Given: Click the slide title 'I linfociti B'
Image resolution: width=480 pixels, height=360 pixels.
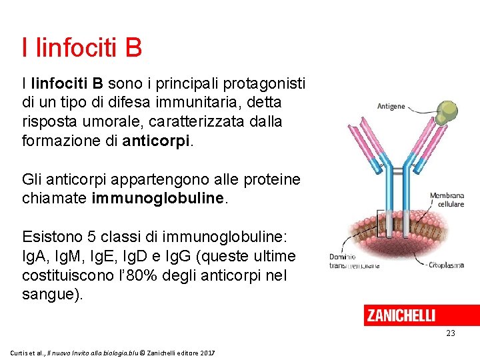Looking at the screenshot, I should pyautogui.click(x=81, y=47).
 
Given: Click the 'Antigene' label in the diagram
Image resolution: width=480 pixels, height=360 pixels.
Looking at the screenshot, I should pyautogui.click(x=391, y=107).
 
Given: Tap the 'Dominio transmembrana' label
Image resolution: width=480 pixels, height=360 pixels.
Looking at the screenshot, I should pyautogui.click(x=354, y=261).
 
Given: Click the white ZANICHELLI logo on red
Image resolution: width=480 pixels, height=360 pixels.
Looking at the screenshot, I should pyautogui.click(x=401, y=315).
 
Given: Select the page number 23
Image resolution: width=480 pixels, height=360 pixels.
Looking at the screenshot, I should pyautogui.click(x=450, y=333).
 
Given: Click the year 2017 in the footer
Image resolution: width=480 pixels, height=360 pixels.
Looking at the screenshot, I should pyautogui.click(x=207, y=351).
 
